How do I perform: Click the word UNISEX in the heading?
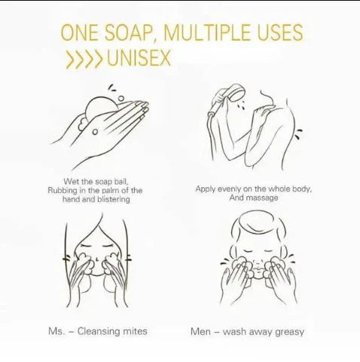(x=139, y=58)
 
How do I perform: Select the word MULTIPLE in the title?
(x=207, y=32)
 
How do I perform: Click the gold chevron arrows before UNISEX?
(x=84, y=60)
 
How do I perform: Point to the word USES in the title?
(x=280, y=32)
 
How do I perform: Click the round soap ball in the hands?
(x=100, y=109)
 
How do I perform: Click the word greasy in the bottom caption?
(x=289, y=332)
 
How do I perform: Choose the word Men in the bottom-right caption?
(x=200, y=332)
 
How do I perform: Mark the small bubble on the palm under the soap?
(x=95, y=131)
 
